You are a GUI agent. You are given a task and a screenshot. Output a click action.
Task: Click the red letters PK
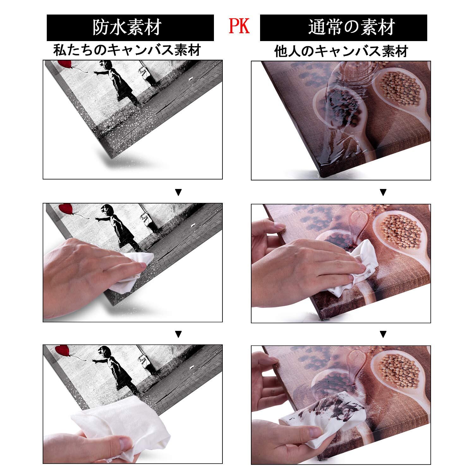pyautogui.click(x=239, y=27)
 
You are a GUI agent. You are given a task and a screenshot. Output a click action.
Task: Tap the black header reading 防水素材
pyautogui.click(x=130, y=28)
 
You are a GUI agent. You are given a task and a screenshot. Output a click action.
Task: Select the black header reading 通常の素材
pyautogui.click(x=343, y=28)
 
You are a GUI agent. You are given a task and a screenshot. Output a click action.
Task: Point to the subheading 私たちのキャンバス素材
pyautogui.click(x=127, y=50)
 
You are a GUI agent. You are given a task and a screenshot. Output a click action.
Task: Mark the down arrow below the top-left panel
pyautogui.click(x=179, y=192)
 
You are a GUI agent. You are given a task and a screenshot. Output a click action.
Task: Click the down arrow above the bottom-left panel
pyautogui.click(x=179, y=334)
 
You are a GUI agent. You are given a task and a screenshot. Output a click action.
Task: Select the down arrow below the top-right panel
pyautogui.click(x=383, y=192)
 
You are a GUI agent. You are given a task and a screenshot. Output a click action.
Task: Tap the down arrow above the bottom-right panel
pyautogui.click(x=383, y=334)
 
